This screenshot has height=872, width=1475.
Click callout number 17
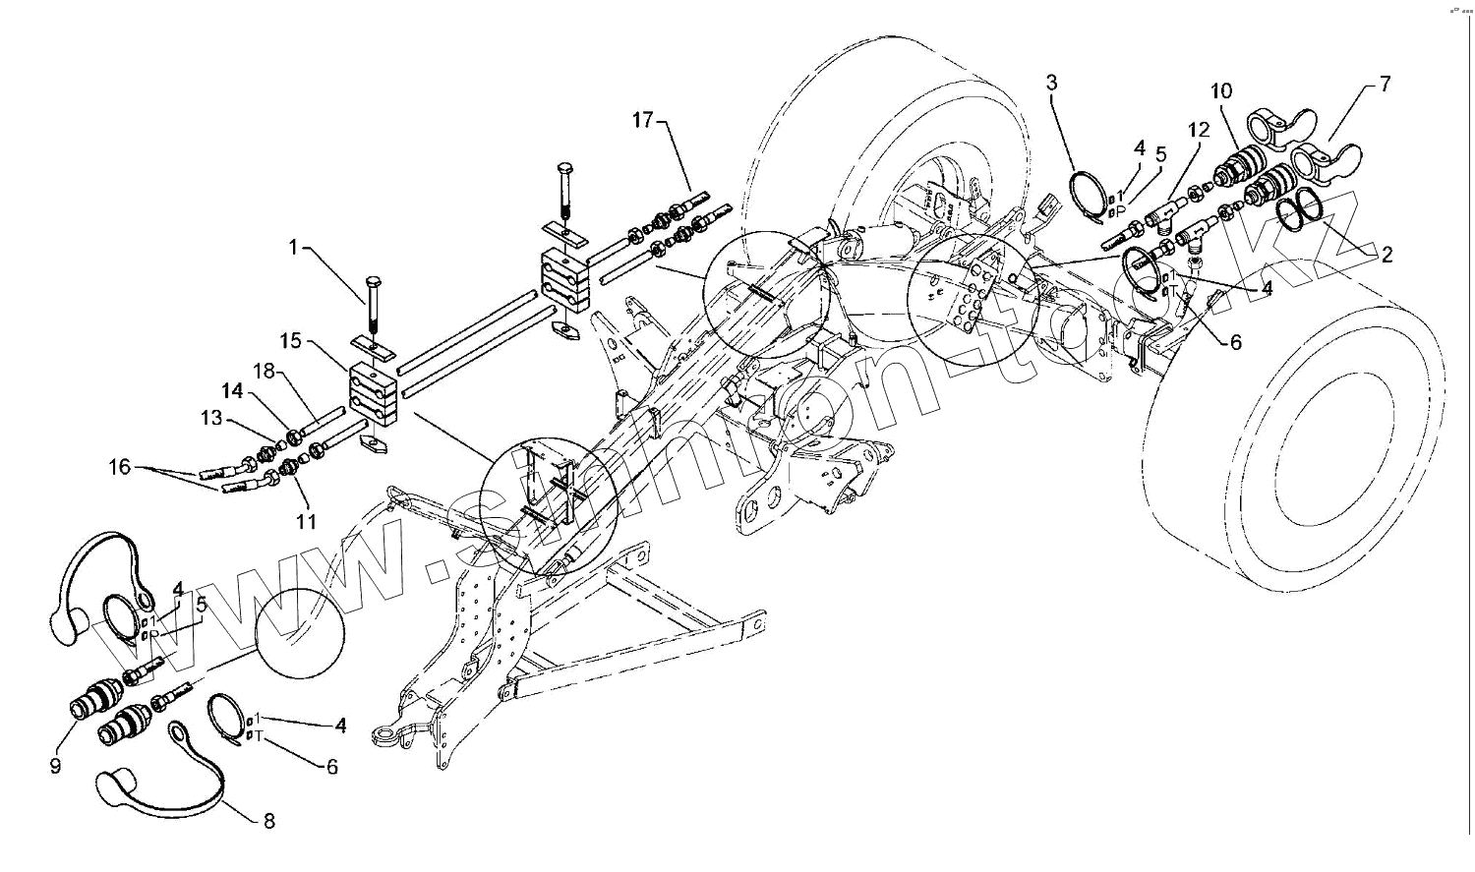pyautogui.click(x=642, y=121)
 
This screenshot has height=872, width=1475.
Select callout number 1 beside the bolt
pyautogui.click(x=292, y=248)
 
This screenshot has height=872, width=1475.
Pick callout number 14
pyautogui.click(x=232, y=391)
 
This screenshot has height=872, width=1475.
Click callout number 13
pyautogui.click(x=212, y=419)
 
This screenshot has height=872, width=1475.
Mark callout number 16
pyautogui.click(x=120, y=467)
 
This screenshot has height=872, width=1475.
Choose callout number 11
pyautogui.click(x=307, y=521)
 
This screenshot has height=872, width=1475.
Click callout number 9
pyautogui.click(x=55, y=765)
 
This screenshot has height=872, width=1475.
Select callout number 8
pyautogui.click(x=269, y=820)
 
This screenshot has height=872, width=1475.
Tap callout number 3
pyautogui.click(x=1051, y=82)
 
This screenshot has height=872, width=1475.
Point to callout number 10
pyautogui.click(x=1221, y=91)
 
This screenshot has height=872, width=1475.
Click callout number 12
pyautogui.click(x=1198, y=130)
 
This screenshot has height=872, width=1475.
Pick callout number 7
pyautogui.click(x=1385, y=84)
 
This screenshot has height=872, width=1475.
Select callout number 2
pyautogui.click(x=1386, y=256)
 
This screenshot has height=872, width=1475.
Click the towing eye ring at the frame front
pyautogui.click(x=385, y=733)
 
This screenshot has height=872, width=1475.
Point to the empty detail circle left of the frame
pyautogui.click(x=301, y=633)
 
